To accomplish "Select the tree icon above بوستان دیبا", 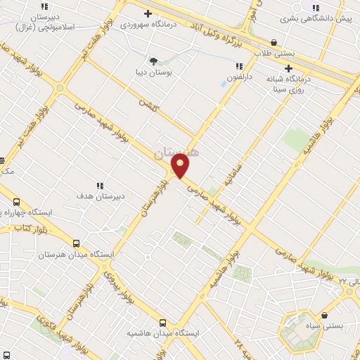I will (x=153, y=61).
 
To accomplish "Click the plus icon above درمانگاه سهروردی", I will (x=147, y=13).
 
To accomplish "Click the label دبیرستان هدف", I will (x=100, y=196).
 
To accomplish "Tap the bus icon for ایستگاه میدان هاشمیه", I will (x=163, y=322).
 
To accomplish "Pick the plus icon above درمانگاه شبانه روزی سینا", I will (x=288, y=68).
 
